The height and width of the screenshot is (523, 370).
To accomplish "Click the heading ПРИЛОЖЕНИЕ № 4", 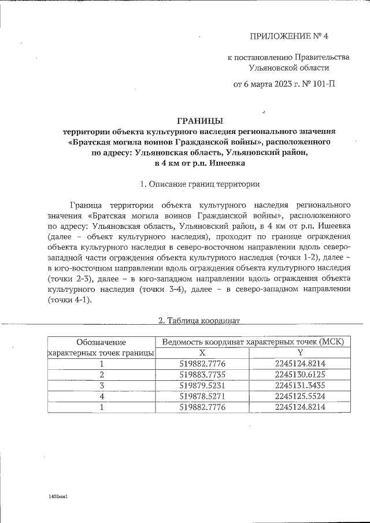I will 288,36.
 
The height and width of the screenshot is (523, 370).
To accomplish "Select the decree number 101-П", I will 323,84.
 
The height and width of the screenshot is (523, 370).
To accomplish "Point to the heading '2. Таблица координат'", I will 199,320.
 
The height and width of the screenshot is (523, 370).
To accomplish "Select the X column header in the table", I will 202,353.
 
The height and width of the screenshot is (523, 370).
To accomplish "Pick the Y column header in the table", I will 300,353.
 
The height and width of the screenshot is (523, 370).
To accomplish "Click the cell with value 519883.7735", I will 202,374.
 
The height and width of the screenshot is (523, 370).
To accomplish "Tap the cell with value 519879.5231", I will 202,385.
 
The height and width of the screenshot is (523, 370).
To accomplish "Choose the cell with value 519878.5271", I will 202,396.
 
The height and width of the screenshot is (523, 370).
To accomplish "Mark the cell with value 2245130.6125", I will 300,374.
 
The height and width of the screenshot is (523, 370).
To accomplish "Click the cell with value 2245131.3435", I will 300,385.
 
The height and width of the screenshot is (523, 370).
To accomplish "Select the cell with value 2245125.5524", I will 300,396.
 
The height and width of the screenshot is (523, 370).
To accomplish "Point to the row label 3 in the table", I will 101,385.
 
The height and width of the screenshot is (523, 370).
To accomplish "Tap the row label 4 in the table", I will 101,396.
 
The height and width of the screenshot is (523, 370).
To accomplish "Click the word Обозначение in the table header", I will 101,342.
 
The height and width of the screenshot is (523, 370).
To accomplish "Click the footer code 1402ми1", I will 58,496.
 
